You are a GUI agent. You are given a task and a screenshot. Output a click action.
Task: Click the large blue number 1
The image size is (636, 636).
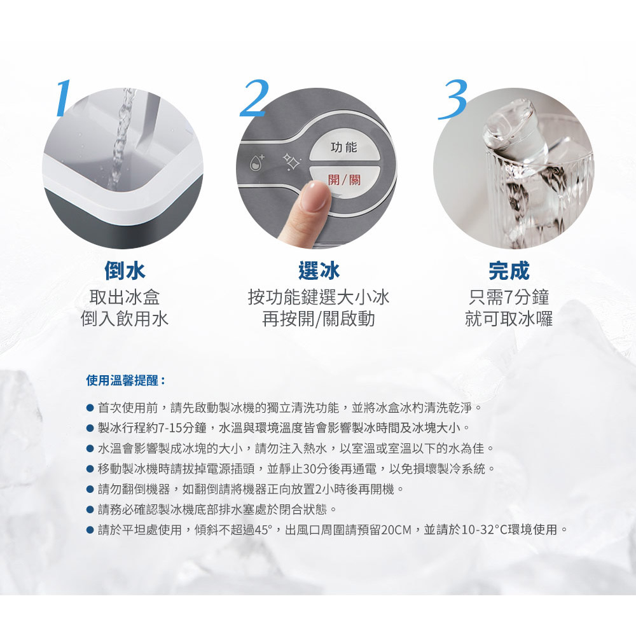coord(64,98)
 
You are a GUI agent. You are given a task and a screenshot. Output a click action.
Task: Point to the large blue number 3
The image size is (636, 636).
coord(453,99)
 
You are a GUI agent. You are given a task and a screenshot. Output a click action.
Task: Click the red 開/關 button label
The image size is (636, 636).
coord(344,180)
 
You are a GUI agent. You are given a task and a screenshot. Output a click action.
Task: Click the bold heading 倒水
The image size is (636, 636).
coord(125,270)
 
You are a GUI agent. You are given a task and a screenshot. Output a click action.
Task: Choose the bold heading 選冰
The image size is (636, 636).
coord(319,270)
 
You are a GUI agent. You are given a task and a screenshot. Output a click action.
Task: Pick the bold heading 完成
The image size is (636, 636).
coord(509,270)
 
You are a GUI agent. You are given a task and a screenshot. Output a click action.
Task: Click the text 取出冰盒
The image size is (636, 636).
coord(125,297)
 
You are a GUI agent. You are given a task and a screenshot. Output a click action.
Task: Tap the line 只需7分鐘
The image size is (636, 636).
coord(509,297)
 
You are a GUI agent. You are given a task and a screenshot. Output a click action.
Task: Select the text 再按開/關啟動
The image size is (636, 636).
coord(319,319)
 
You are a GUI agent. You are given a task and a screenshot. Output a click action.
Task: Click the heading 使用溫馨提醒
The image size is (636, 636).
coord(126,380)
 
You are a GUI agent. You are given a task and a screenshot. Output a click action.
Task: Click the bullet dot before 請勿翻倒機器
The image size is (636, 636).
coord(90,489)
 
